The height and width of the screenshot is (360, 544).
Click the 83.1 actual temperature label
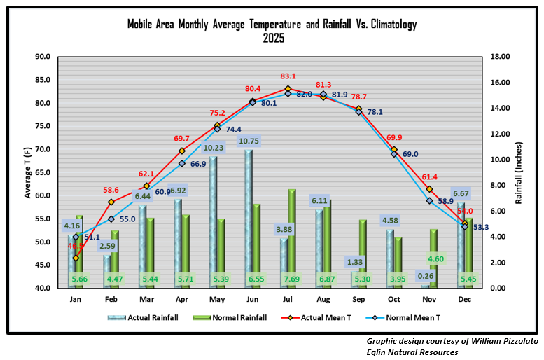288,76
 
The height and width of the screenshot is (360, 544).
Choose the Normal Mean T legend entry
403,317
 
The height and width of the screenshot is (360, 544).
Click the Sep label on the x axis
358,298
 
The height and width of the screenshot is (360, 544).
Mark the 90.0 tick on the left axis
42,57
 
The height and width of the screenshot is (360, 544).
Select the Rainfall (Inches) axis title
519,172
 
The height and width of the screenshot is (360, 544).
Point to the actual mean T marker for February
111,202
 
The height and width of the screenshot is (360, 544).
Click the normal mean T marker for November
429,201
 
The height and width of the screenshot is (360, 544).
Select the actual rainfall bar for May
213,222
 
